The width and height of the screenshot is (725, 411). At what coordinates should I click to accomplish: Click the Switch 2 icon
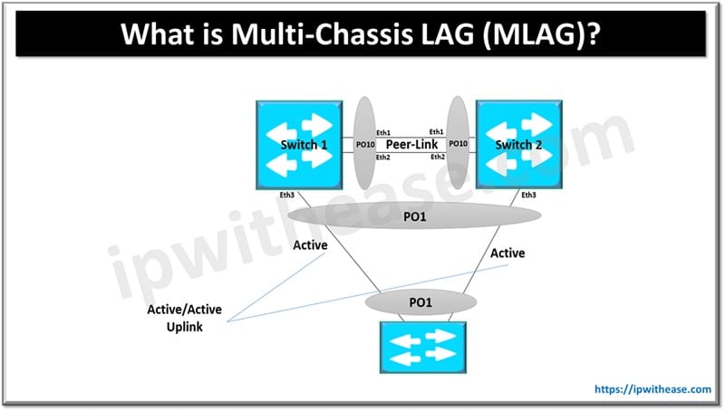click(x=515, y=145)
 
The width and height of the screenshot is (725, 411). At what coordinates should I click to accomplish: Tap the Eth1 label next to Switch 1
click(x=384, y=132)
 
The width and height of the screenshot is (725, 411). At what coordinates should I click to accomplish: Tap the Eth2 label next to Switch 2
click(x=437, y=157)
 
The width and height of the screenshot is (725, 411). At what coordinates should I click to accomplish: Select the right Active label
click(x=507, y=253)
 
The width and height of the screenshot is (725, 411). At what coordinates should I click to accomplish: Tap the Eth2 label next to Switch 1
click(x=384, y=157)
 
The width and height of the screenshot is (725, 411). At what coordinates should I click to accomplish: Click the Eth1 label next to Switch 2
click(x=437, y=132)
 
